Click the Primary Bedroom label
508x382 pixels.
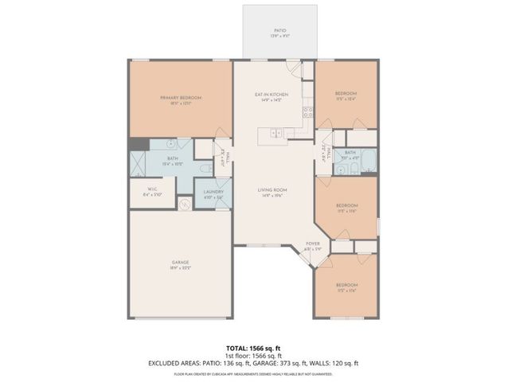tap(181, 100)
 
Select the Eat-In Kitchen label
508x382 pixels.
tap(271, 97)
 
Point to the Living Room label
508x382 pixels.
tap(272, 192)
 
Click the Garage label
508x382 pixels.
tap(181, 264)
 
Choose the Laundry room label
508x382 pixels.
tap(213, 193)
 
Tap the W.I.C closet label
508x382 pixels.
tap(152, 192)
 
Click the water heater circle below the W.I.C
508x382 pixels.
tap(185, 204)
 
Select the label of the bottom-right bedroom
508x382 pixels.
tap(346, 286)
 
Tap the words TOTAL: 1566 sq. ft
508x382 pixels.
tap(253, 348)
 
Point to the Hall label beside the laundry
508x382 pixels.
tap(226, 158)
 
